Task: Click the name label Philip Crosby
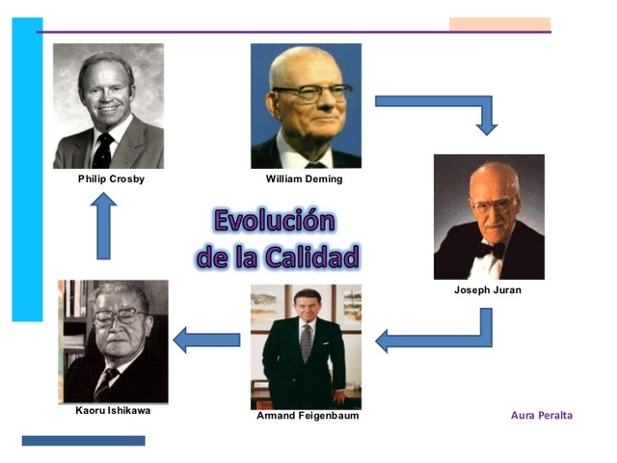111,178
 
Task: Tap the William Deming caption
304,178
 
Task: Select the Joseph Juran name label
487,289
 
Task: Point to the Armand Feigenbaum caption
307,416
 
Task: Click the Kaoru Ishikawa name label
113,410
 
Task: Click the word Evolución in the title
275,220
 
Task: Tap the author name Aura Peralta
541,415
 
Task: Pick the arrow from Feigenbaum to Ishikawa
206,340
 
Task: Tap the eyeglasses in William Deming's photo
308,95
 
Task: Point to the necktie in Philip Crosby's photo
103,150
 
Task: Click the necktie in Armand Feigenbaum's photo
306,342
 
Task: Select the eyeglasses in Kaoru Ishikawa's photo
117,316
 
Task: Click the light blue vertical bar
27,169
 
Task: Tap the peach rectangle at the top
499,24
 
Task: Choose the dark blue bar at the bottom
83,441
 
